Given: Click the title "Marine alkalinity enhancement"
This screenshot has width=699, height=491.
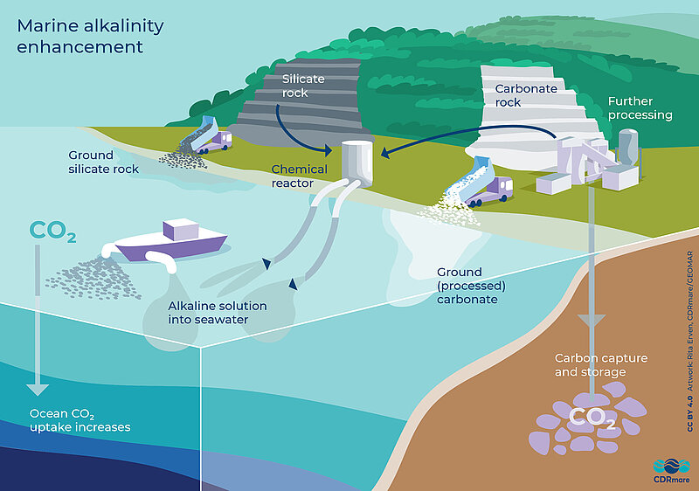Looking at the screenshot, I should (90, 36).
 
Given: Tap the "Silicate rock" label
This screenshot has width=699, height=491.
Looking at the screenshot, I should (302, 86).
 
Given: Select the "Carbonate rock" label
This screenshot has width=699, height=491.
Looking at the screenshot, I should (522, 95).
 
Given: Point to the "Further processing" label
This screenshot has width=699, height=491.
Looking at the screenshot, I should (640, 108).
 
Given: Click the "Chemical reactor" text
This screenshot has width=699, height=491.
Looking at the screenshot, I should (299, 176).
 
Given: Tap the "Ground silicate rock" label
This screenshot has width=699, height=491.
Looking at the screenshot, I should (103, 162).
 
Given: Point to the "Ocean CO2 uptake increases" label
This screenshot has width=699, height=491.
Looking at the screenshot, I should (80, 420).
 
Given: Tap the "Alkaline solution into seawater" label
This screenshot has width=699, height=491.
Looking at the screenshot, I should (218, 313).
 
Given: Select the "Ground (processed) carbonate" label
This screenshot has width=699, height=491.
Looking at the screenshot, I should (467, 286).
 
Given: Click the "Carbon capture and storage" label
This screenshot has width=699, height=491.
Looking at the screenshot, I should (590, 366).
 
